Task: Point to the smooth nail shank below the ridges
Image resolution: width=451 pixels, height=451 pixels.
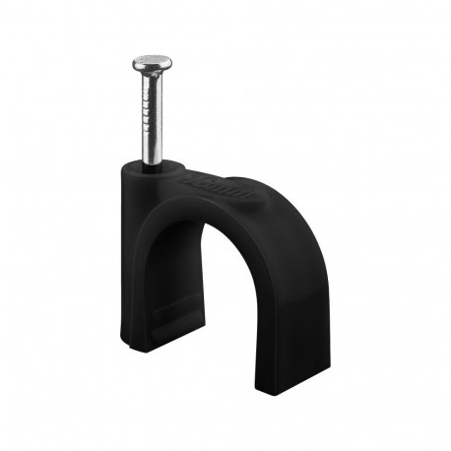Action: coord(154,148)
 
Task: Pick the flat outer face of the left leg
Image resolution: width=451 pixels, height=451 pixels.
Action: coord(132,266)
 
